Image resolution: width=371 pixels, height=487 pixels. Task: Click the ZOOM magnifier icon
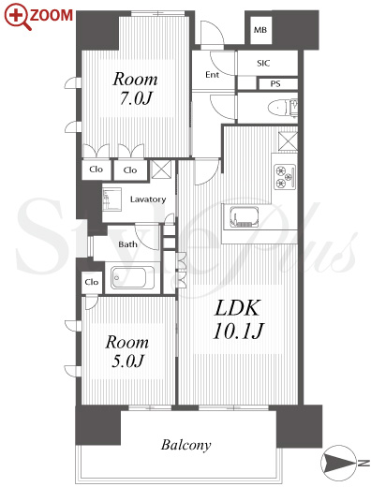coord(17,17)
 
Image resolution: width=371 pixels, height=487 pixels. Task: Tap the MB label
coord(260,30)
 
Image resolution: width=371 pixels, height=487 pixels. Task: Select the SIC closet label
coord(263,63)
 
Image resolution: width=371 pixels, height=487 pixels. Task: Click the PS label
coord(275,83)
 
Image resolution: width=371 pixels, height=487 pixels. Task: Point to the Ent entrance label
coord(212,75)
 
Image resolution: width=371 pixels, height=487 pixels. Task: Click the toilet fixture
coord(283,108)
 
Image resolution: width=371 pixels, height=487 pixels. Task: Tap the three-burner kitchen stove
coord(285,176)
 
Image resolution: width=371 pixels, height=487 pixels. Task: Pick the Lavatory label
coord(148,199)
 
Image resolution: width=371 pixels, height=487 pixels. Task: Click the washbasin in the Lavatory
coord(111,199)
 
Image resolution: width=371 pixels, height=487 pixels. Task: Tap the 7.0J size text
coord(135,98)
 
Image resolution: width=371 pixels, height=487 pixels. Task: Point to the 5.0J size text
coord(127,361)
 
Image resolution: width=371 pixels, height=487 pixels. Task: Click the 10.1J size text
coord(238,331)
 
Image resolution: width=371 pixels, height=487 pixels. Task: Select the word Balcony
coord(185,445)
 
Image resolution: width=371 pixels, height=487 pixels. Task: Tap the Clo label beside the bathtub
coord(92,282)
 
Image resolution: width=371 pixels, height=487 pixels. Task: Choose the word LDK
coord(237,308)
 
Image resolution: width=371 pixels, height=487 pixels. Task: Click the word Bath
coord(127,244)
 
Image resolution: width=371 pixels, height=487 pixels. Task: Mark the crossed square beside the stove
coord(288,141)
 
